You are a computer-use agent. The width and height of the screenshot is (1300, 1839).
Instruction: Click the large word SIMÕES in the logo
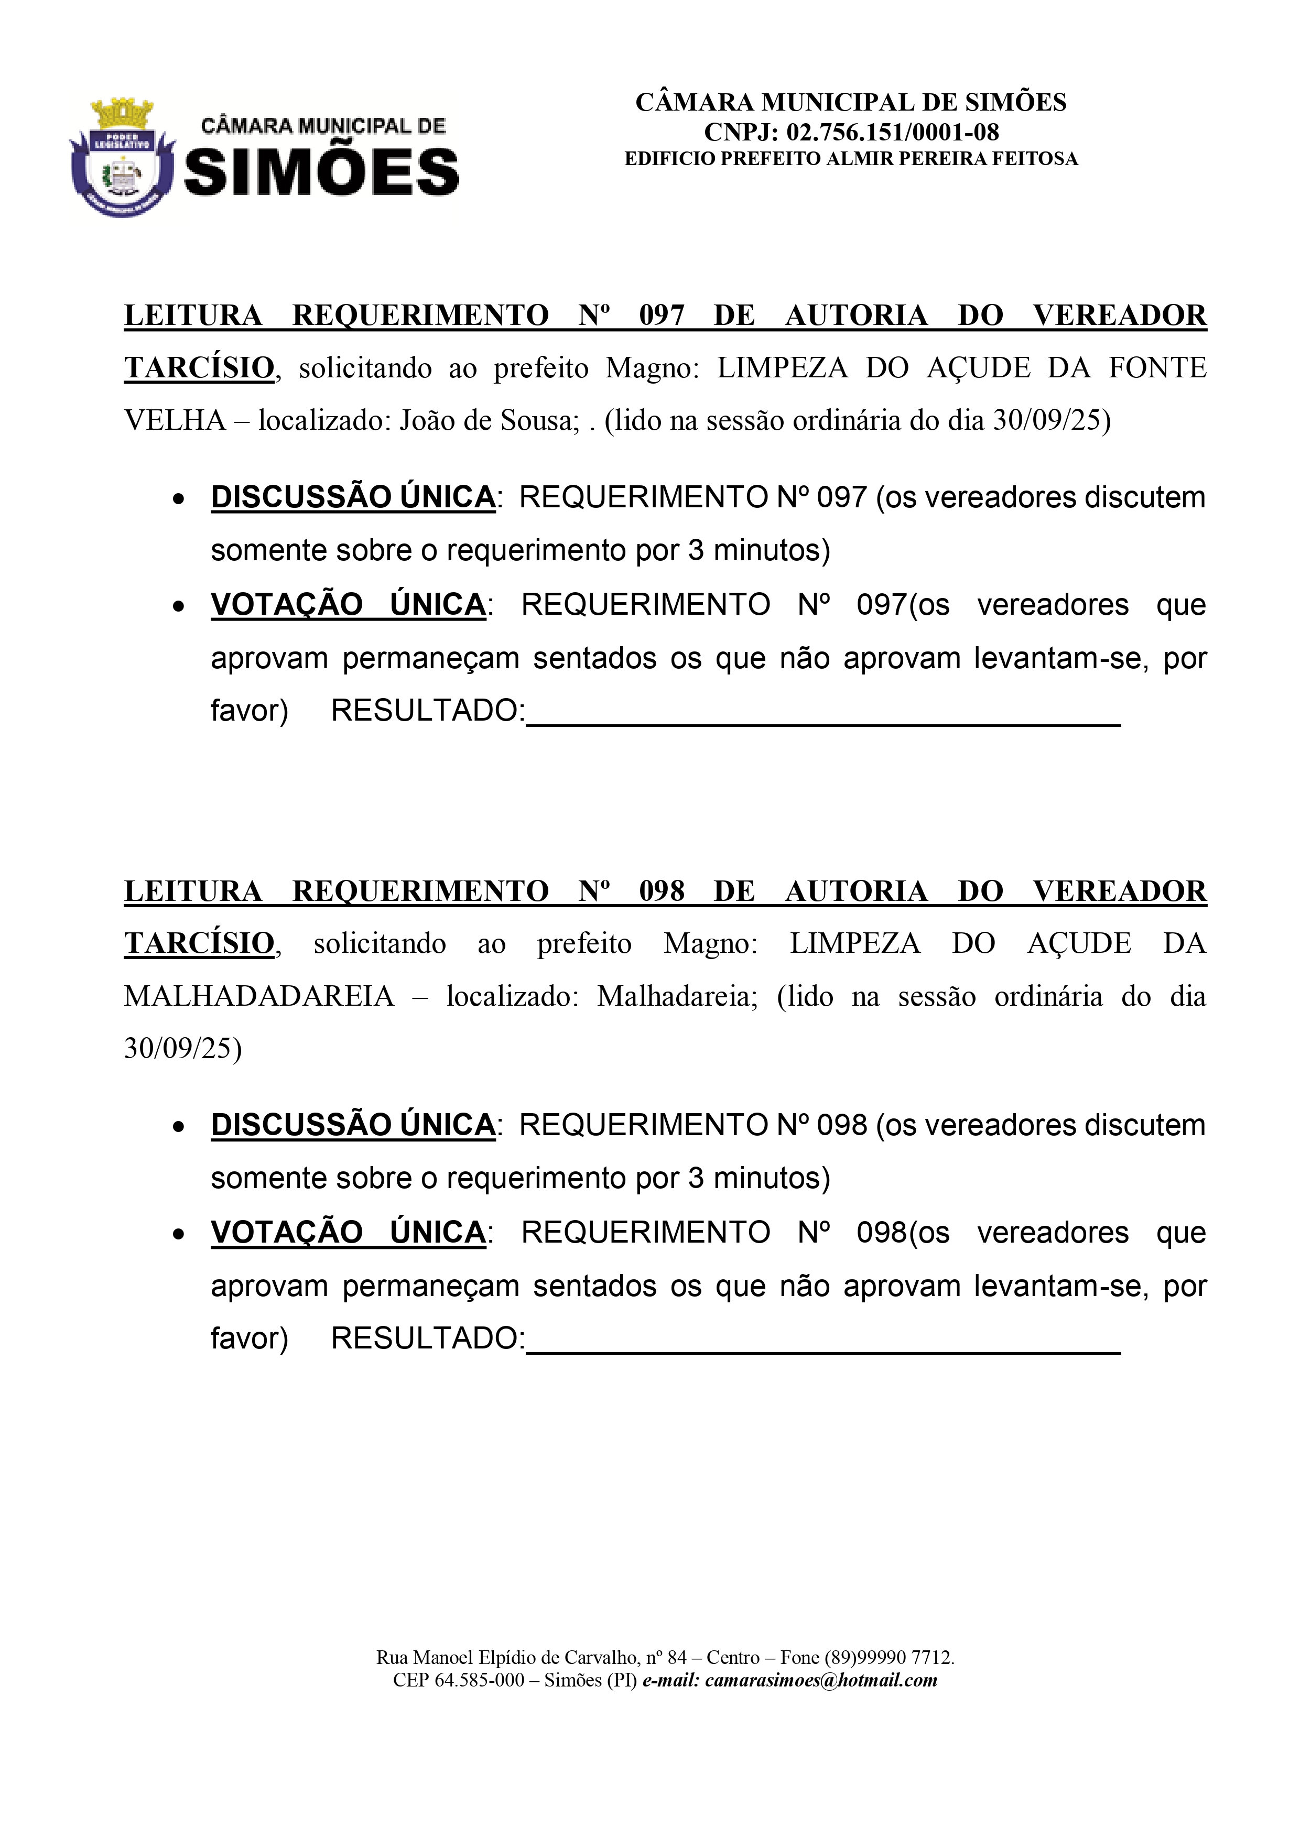coord(322,172)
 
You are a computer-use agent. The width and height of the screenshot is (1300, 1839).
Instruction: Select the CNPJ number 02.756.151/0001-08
coord(892,132)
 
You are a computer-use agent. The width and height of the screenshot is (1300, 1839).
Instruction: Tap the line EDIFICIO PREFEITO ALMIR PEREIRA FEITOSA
coord(851,159)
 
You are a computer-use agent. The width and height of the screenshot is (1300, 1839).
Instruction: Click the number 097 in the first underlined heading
coord(662,315)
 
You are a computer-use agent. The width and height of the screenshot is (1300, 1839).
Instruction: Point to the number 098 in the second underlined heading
coord(662,891)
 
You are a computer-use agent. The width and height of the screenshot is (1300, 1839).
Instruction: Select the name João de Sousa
coord(490,420)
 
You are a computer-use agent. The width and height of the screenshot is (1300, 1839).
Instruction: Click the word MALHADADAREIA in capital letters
coord(259,996)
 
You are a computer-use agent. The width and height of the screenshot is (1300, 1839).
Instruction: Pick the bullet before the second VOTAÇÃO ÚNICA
coord(179,1234)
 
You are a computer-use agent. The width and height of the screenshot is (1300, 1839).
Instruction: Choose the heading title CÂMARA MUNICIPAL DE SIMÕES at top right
coord(851,103)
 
